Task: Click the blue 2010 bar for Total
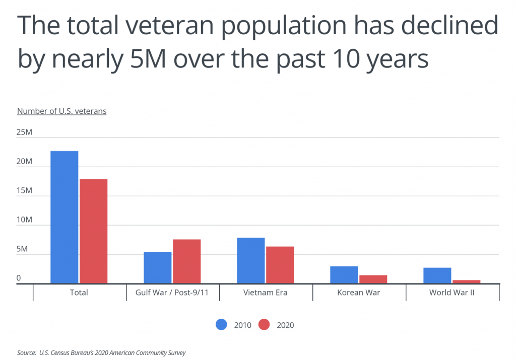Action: coord(64,217)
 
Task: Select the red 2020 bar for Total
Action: coord(93,231)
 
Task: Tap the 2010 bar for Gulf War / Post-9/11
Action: coord(157,267)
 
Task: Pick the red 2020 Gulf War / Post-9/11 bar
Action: coord(186,261)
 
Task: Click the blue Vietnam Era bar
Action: coord(250,260)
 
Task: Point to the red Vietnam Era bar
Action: coord(280,265)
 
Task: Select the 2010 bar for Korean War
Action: coord(344,274)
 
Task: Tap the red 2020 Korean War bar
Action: coord(373,279)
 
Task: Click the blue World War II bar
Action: coord(437,275)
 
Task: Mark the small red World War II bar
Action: coord(466,281)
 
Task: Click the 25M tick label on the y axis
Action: coord(25,133)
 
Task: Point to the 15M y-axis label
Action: coord(25,191)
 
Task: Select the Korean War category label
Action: coord(359,293)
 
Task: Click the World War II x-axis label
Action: coord(452,293)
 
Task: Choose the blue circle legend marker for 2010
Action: coord(221,325)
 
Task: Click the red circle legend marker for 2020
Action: coord(264,325)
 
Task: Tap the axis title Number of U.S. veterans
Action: coord(61,111)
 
